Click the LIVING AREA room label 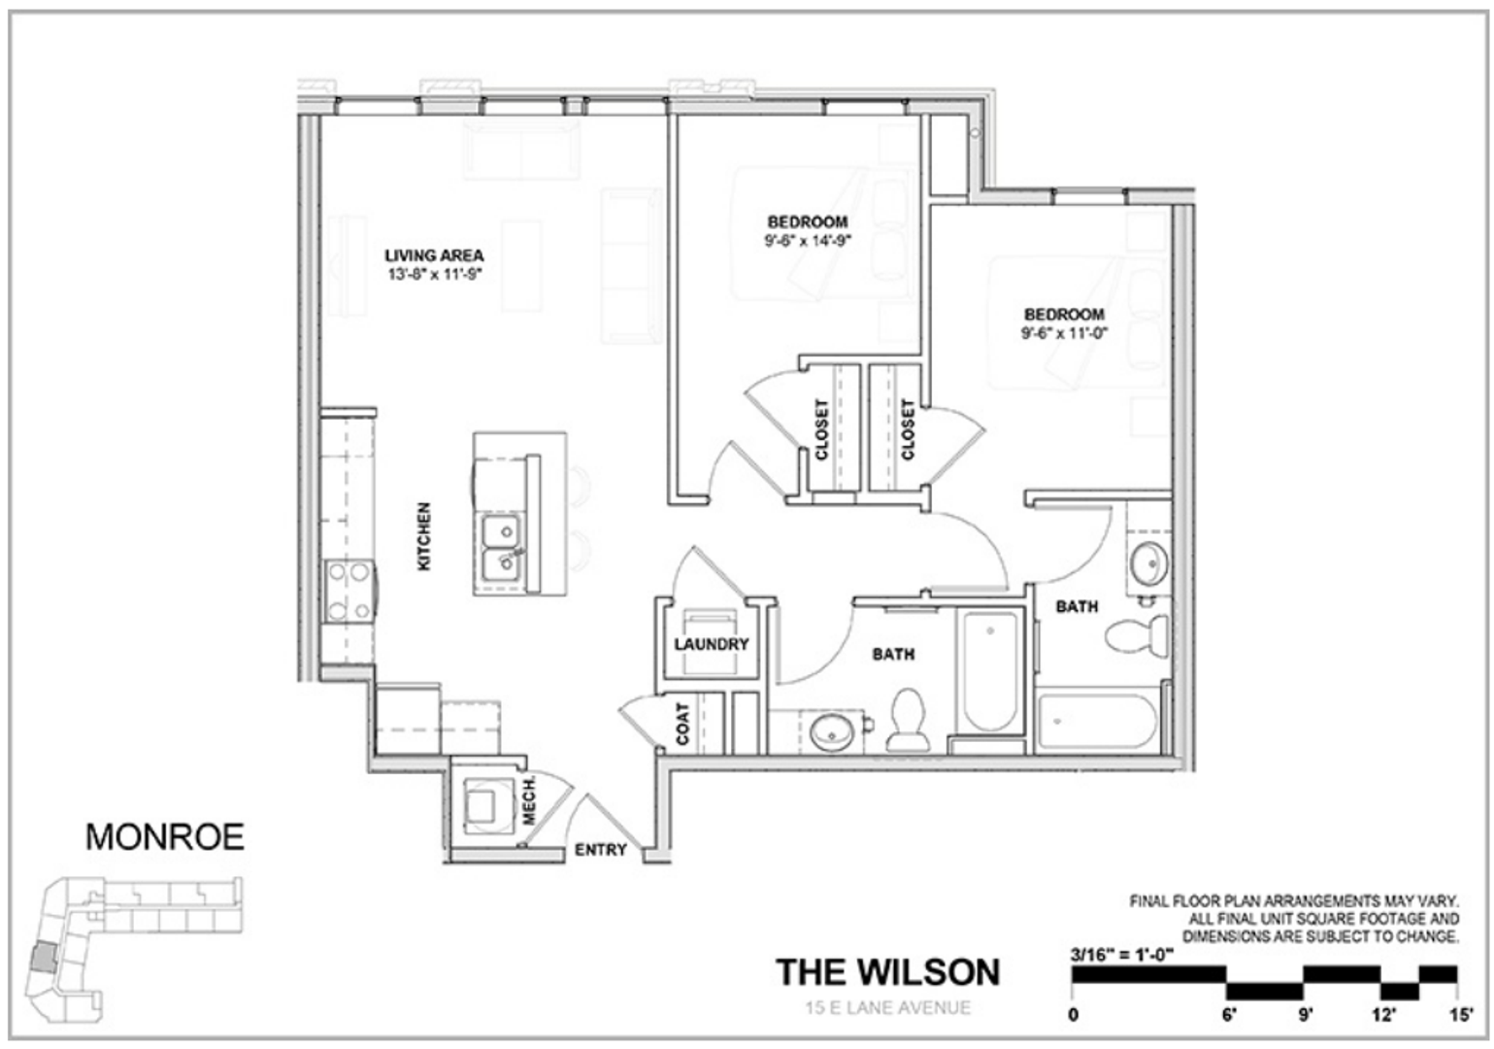pos(433,255)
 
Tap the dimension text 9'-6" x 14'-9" pos(806,240)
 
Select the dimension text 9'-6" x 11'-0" pos(1064,332)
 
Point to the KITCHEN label pos(424,535)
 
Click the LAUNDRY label pos(712,644)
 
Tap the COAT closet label pos(682,724)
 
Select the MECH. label pos(530,800)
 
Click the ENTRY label pos(600,850)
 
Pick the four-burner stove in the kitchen pos(349,592)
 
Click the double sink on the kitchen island pos(501,547)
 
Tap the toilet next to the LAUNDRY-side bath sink pos(909,721)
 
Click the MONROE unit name pos(165,836)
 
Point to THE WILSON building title pos(887,971)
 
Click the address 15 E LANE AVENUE pos(887,1007)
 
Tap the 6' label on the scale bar pos(1229,1016)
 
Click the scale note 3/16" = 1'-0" pos(1122,953)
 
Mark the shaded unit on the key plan pos(43,959)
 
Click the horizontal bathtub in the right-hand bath pos(1096,723)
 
